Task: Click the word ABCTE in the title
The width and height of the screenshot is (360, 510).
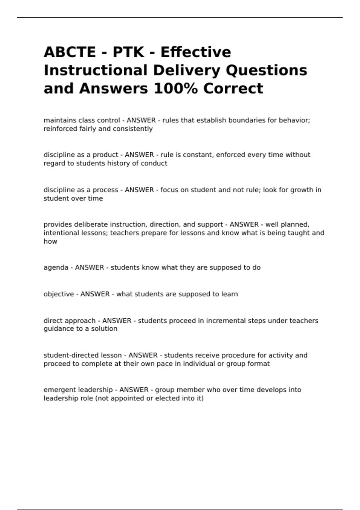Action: pos(70,52)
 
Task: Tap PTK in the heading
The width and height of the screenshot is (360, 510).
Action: pos(128,52)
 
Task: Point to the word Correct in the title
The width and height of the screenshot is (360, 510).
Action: pos(233,88)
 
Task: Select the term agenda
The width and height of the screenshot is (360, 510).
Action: pos(56,267)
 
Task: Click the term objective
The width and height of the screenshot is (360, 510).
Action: pos(58,294)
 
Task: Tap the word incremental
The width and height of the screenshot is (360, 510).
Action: pos(226,321)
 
